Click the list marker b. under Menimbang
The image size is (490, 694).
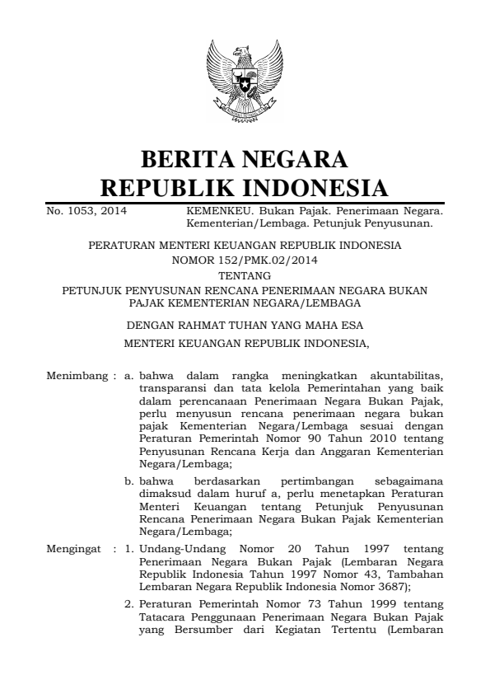(x=129, y=480)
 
